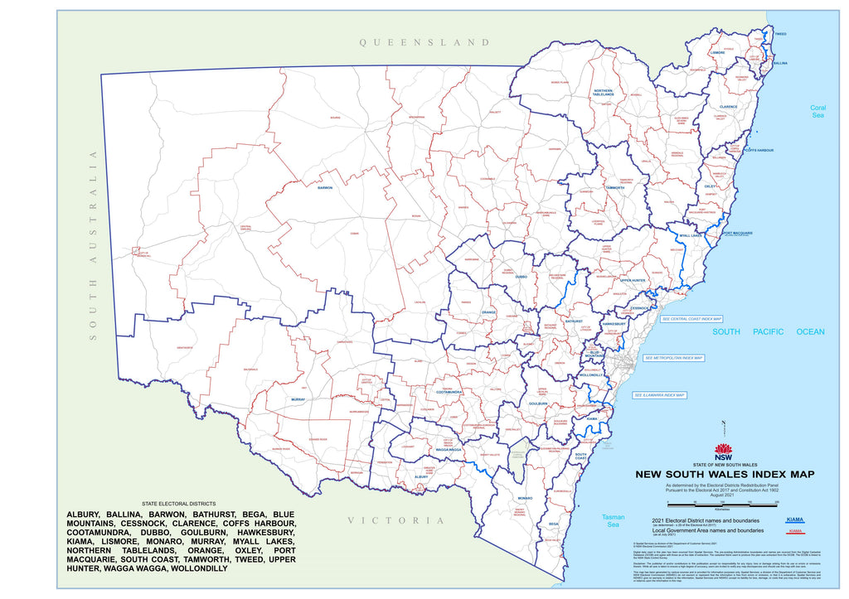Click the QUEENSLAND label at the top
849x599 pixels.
point(424,42)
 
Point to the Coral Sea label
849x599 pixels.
point(817,113)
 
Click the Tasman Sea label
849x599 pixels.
point(613,520)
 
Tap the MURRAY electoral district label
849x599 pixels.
point(298,399)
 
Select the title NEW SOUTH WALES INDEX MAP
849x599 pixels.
point(724,475)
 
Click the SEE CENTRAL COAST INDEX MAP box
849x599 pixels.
point(691,318)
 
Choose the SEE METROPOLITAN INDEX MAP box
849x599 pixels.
point(673,359)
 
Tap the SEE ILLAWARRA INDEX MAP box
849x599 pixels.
point(660,395)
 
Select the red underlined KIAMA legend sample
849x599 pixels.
point(795,530)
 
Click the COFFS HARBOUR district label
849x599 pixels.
point(758,150)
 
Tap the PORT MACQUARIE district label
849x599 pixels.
point(737,234)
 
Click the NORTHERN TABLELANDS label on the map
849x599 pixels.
point(603,93)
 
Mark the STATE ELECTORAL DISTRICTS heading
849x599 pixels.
point(178,504)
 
